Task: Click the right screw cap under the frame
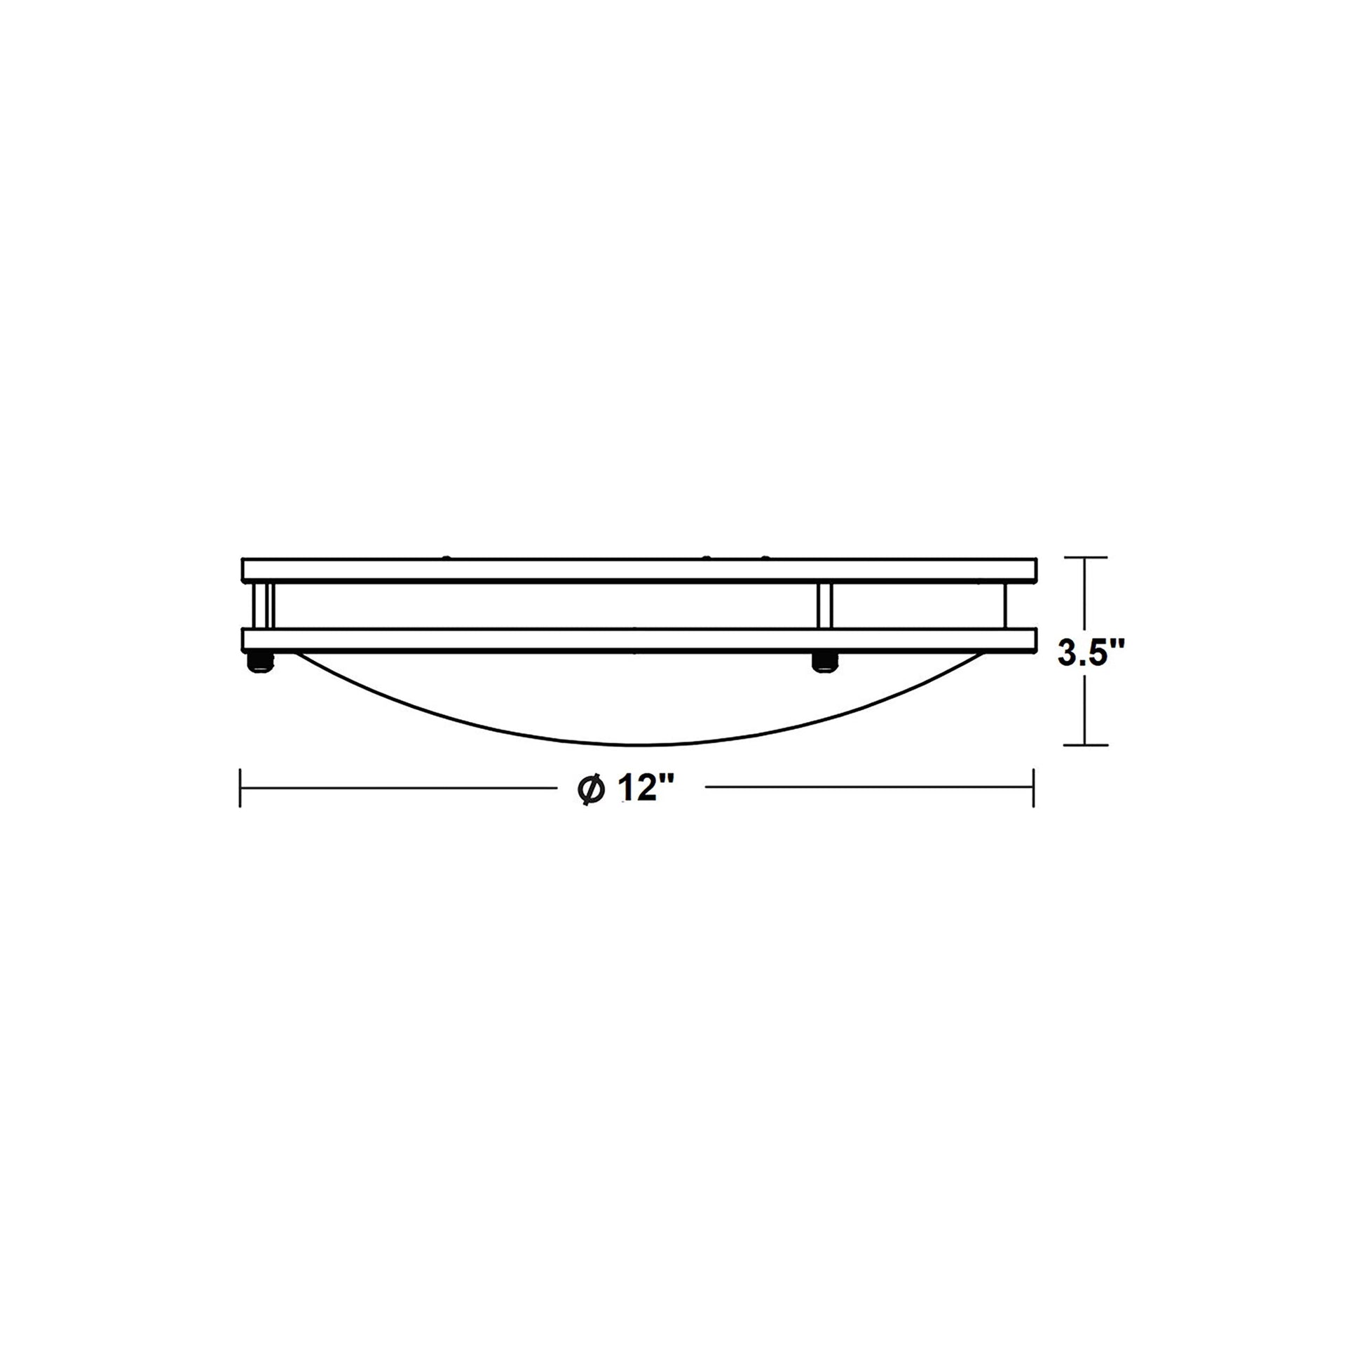[823, 662]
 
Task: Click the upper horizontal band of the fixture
[639, 569]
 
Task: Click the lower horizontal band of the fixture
[639, 640]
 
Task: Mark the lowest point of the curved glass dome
[640, 744]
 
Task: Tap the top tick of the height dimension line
[1085, 558]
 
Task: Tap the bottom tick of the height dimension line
[1085, 745]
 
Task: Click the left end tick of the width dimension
[240, 788]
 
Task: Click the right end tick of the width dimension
[1034, 788]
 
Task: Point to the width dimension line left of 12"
[395, 788]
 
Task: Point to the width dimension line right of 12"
[868, 788]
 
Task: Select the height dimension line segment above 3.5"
[1085, 596]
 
